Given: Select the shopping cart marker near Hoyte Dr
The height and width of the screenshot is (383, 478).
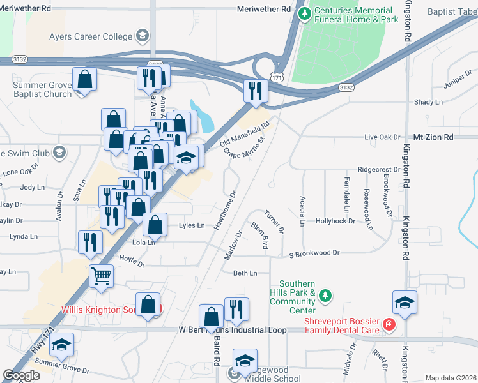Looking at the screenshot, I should coord(102,276).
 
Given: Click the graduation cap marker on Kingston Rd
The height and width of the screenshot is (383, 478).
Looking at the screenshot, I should coord(405,302).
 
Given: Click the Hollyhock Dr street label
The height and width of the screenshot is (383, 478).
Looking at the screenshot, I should coord(335,221).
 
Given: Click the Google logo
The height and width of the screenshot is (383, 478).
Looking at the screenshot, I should coord(22,375).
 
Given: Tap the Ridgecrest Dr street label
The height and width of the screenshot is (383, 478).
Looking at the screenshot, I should coord(378,170).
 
